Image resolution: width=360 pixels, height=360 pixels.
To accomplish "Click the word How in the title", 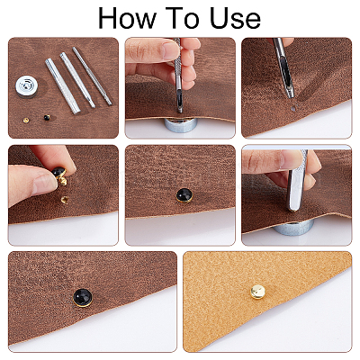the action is [127, 18].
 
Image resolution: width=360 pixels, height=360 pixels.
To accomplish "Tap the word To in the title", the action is [182, 18].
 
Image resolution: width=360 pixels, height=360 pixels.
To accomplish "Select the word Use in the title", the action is [235, 18].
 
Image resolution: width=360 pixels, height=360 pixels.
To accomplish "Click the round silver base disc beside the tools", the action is [27, 86].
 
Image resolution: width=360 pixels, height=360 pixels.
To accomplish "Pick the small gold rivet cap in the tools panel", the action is [26, 120].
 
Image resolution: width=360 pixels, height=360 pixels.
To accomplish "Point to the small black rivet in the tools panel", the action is [47, 118].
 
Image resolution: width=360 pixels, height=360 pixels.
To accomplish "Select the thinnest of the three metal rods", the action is [92, 76].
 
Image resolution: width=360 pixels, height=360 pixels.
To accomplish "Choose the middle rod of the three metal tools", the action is [77, 80].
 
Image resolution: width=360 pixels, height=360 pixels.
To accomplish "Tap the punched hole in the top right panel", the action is [293, 108].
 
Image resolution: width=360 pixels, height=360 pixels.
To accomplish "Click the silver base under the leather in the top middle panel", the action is [180, 125].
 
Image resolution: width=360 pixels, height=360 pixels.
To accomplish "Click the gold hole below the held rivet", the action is [64, 200].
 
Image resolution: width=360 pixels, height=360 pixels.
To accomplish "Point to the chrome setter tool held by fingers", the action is [297, 180].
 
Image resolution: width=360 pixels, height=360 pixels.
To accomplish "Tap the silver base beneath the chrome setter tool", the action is [293, 227].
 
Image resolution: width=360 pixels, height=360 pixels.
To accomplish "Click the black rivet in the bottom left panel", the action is [83, 297].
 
